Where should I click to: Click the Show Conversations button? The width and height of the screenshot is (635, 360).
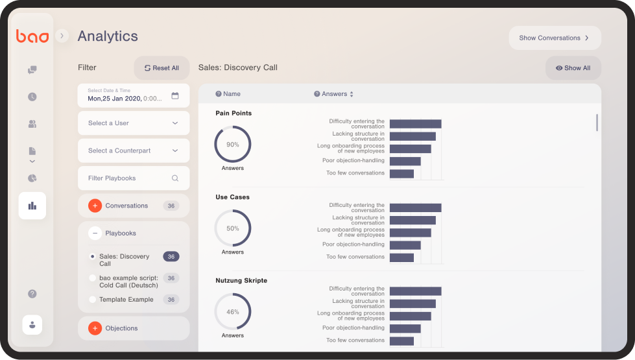(555, 38)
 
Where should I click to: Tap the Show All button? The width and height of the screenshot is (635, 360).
(573, 68)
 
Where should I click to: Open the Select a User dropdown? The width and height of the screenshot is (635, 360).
(134, 123)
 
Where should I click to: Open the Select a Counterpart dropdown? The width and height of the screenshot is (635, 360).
(134, 150)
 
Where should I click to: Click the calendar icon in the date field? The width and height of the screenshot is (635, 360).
(175, 95)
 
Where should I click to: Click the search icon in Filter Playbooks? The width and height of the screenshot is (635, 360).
(175, 178)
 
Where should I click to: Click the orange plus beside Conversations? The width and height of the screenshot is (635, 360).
(95, 206)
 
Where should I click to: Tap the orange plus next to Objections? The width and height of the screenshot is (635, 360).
(95, 328)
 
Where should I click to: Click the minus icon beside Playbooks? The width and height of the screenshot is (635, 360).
(95, 234)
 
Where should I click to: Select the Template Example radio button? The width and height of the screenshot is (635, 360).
(92, 300)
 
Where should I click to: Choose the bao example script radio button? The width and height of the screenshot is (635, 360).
(92, 278)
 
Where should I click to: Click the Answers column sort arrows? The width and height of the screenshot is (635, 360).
(352, 94)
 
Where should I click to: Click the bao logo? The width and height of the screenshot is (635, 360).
(32, 36)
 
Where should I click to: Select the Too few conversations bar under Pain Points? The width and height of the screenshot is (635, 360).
(401, 174)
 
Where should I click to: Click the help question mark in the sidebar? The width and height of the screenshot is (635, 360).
(32, 294)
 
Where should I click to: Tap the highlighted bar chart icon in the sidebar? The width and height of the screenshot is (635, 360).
(32, 206)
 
